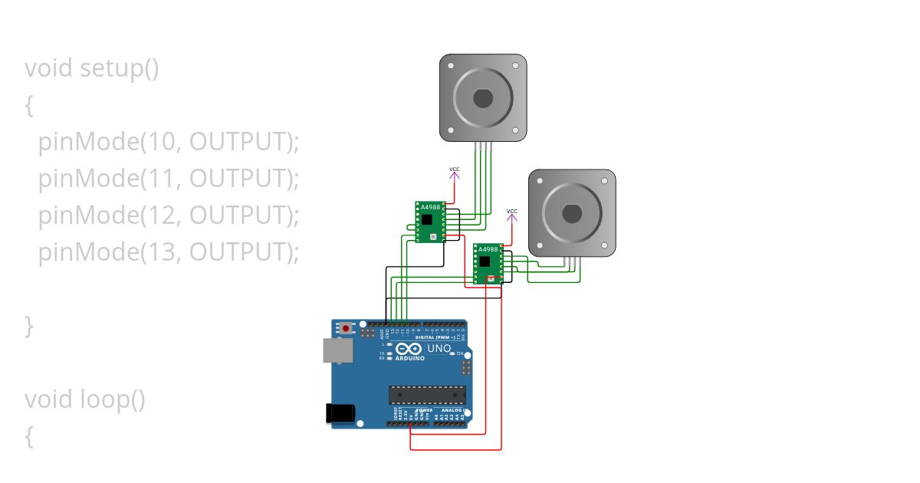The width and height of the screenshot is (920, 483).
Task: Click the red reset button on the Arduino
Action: tap(347, 328)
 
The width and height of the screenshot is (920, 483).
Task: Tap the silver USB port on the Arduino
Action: tap(336, 350)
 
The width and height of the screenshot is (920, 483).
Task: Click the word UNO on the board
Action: tap(439, 349)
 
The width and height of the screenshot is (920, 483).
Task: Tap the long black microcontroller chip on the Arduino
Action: tap(427, 395)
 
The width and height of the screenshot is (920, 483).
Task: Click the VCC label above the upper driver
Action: tap(455, 169)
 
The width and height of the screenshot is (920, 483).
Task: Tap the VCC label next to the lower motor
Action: tap(512, 211)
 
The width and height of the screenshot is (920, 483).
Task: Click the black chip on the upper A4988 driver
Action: tap(426, 221)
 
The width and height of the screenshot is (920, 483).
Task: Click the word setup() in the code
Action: tap(120, 68)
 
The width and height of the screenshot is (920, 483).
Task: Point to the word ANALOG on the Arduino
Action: tap(452, 410)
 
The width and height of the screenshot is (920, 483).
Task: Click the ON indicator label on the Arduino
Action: tap(460, 353)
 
